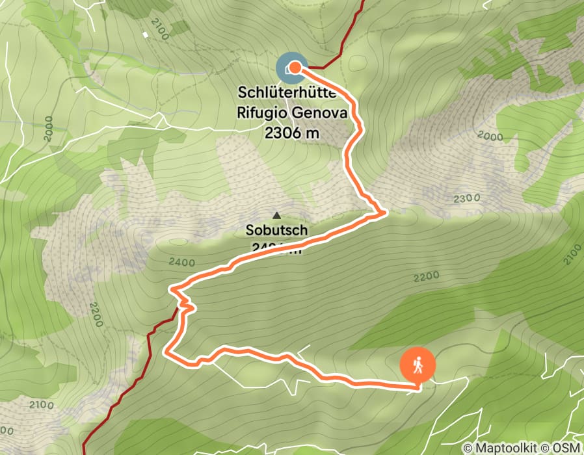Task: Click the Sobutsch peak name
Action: pos(276,229)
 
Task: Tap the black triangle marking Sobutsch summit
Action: pos(276,215)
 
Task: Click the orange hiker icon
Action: pos(418,365)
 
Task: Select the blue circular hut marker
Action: pos(290,68)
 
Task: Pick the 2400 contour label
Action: pos(181,262)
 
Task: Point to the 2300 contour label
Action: pos(466,198)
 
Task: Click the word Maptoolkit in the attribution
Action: pos(509,447)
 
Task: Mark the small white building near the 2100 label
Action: pos(144,34)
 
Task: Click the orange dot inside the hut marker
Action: pos(295,67)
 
